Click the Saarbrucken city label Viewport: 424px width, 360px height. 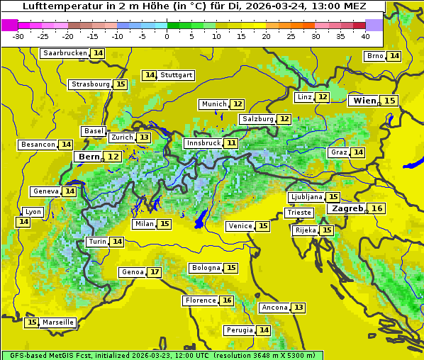65,53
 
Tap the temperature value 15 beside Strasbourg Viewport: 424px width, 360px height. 121,84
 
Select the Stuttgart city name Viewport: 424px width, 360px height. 176,75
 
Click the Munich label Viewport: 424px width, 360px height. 214,104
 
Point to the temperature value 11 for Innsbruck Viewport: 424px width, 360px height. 232,143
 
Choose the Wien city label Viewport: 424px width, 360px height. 364,101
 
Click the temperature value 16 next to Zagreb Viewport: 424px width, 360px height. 378,208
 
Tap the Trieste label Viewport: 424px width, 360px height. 298,213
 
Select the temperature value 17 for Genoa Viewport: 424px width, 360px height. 154,272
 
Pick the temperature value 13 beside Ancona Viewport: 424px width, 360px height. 299,308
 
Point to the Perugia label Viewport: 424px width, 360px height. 239,330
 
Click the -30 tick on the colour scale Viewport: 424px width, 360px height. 18,36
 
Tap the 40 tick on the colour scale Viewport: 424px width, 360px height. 365,36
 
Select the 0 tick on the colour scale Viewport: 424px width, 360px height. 167,36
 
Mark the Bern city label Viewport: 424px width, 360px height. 89,157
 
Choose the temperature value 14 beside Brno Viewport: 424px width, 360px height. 394,56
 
